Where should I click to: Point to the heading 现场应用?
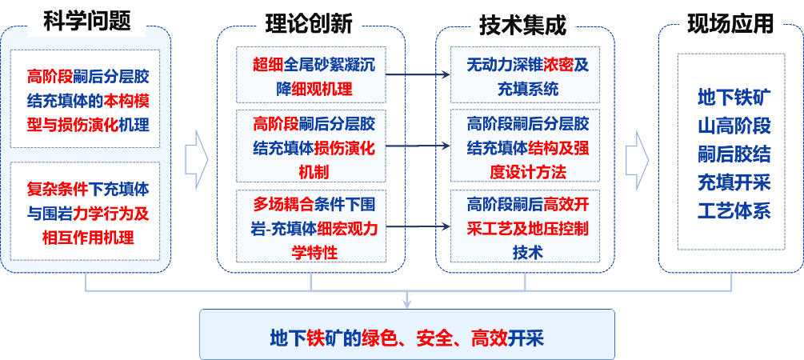point(730,24)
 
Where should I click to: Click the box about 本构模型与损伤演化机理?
point(86,100)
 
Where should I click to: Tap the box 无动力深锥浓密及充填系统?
point(527,76)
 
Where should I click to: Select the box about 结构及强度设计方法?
point(527,147)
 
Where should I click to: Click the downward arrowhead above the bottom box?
point(407,302)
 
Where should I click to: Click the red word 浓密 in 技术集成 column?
point(558,66)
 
